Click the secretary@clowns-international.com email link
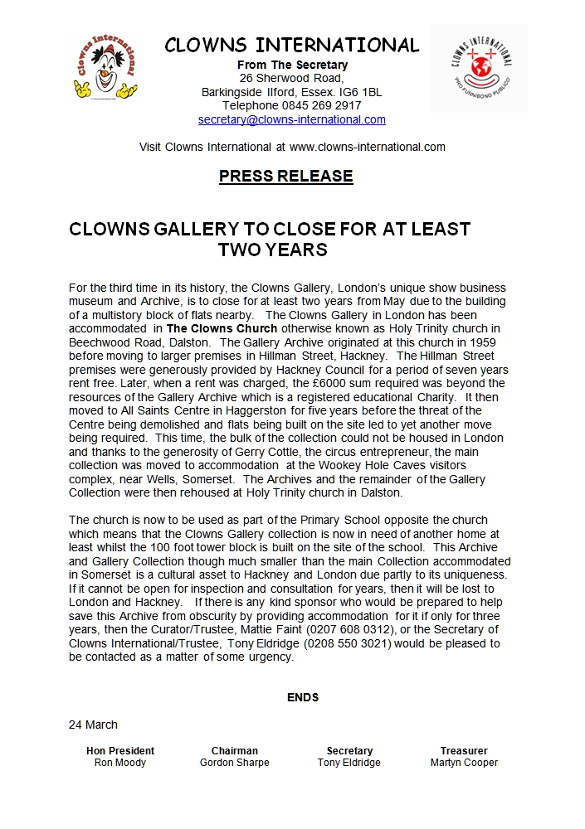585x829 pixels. click(x=292, y=119)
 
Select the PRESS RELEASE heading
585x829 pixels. click(x=286, y=177)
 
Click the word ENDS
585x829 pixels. click(x=303, y=697)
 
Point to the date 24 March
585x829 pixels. click(x=93, y=725)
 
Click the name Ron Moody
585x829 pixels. click(x=120, y=763)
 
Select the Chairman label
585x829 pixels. click(x=235, y=750)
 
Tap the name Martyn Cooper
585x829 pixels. click(x=465, y=763)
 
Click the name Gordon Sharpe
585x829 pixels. click(x=235, y=763)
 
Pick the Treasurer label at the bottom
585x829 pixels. click(x=465, y=750)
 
